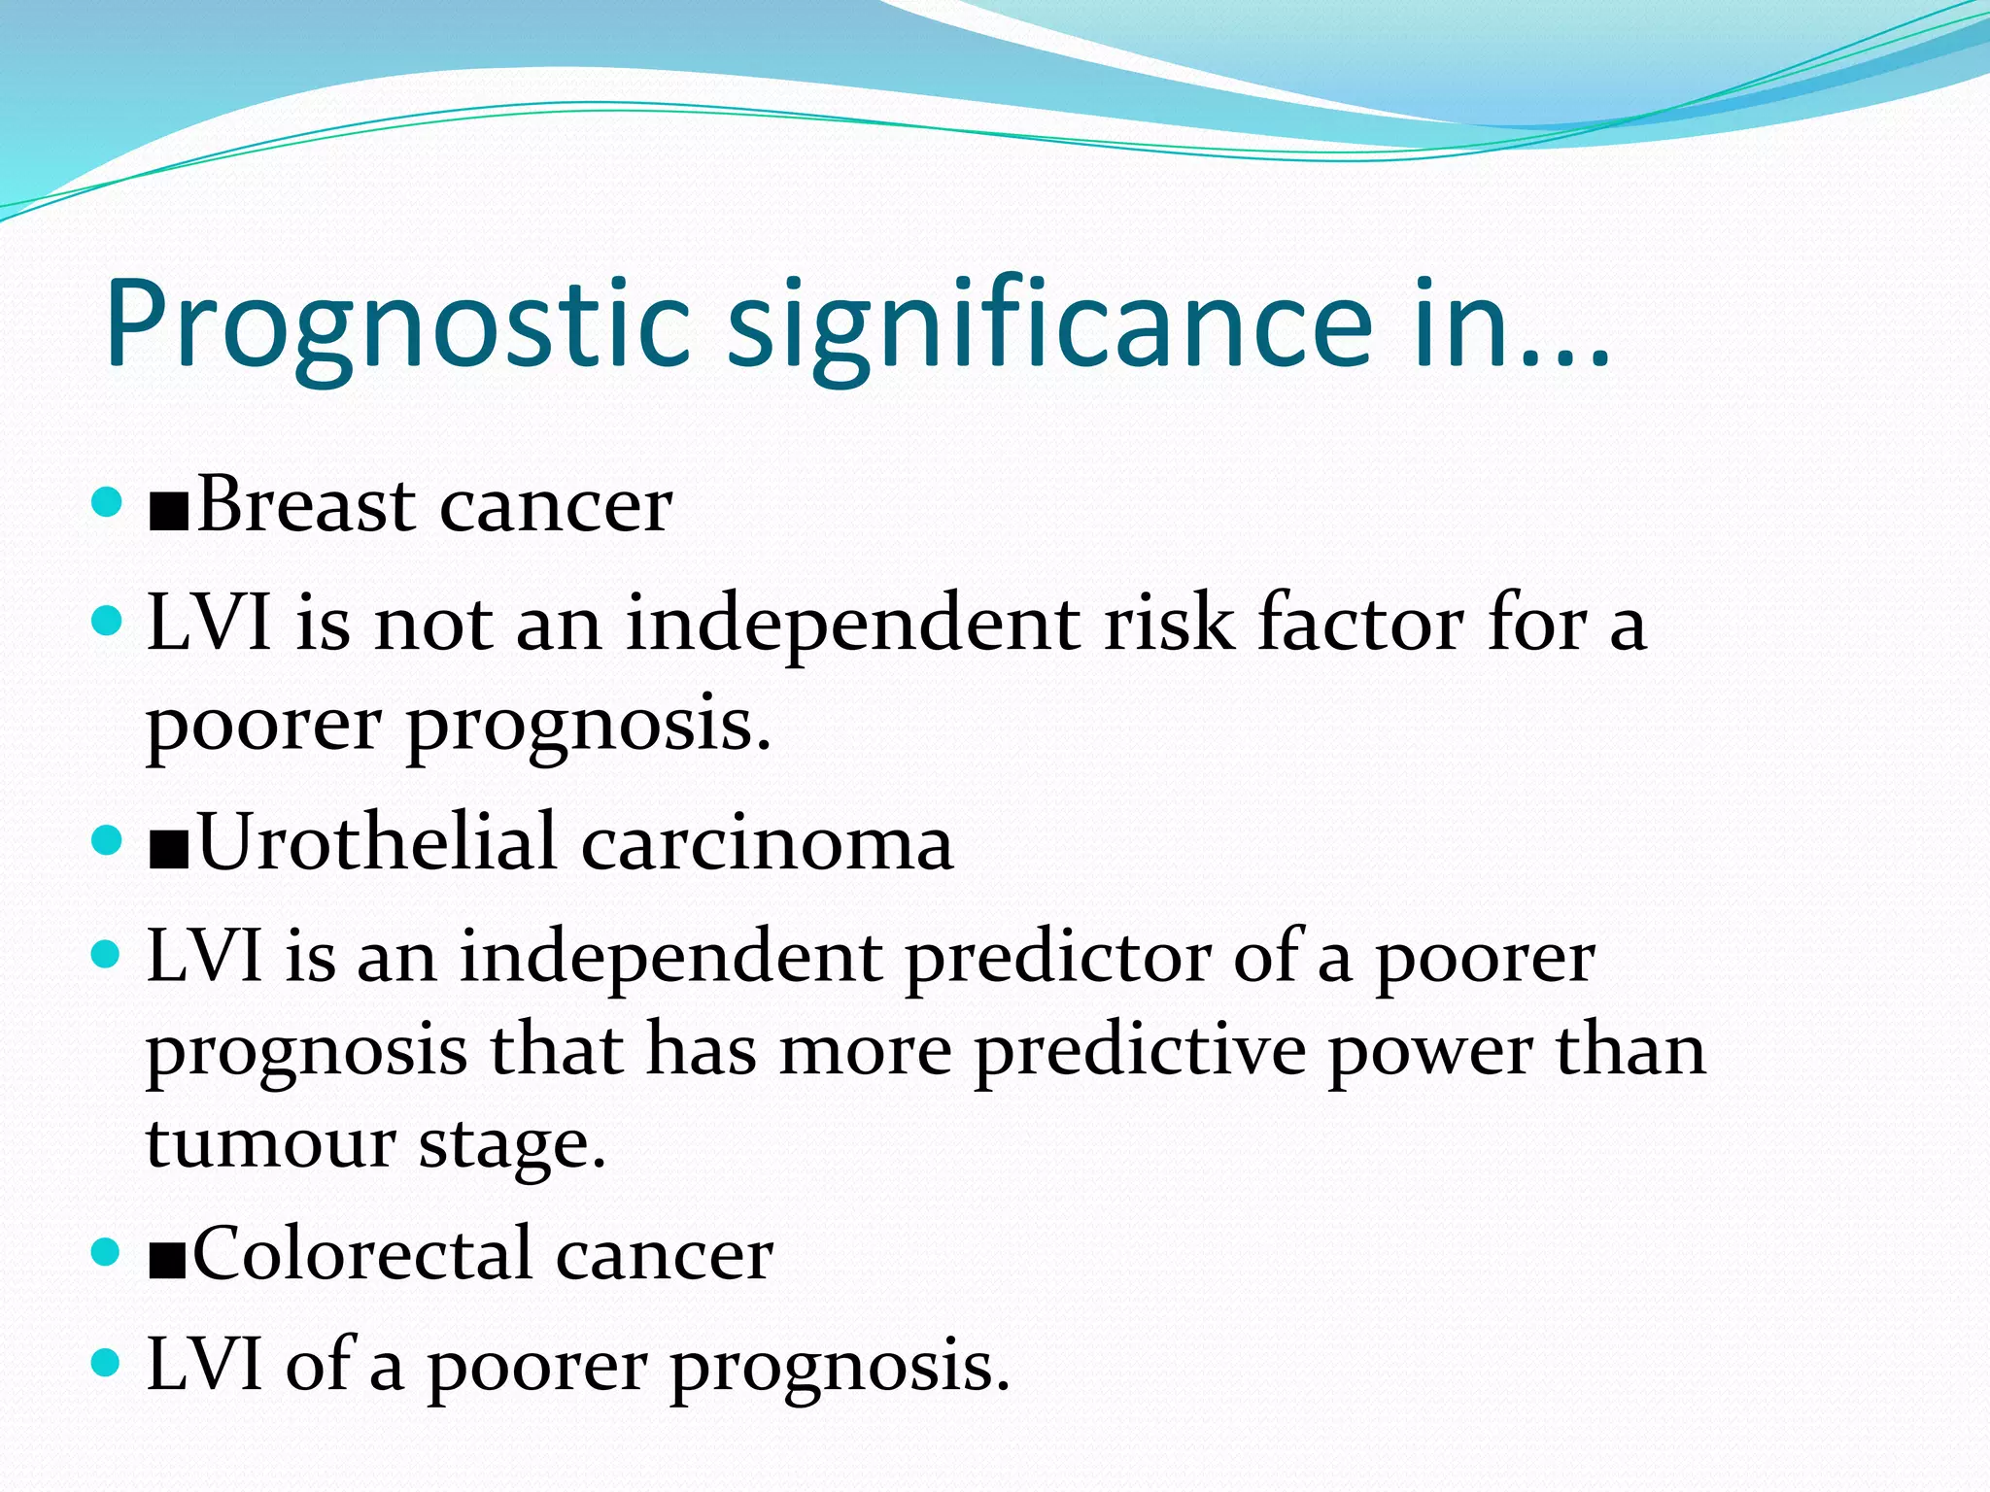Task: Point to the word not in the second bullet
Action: (434, 624)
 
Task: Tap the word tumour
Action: (271, 1144)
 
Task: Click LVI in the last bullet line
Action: (205, 1365)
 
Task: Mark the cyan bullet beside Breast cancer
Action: (105, 502)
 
